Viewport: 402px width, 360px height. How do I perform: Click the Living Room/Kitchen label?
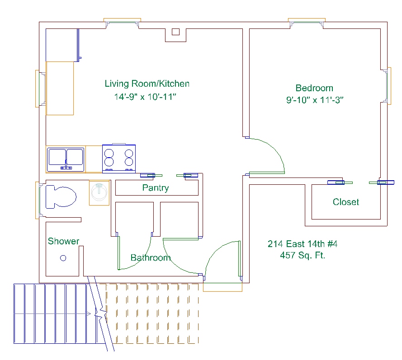[x=147, y=84]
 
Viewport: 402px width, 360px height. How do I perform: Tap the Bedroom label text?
[x=314, y=88]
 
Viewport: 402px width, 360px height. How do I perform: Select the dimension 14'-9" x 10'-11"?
[x=145, y=97]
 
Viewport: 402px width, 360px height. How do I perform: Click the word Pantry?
[x=155, y=188]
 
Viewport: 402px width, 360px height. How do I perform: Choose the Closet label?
[x=346, y=202]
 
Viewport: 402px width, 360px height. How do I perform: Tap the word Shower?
[x=63, y=241]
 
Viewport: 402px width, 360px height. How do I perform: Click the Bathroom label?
[x=151, y=258]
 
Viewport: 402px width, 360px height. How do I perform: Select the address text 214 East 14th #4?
[x=303, y=244]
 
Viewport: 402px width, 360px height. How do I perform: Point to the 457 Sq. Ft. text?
[x=303, y=255]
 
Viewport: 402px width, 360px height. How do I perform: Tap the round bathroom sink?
[x=99, y=192]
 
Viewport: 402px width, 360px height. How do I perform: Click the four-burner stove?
[x=119, y=159]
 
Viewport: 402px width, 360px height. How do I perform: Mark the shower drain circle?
[x=63, y=258]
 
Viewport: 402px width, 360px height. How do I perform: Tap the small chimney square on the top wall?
[x=175, y=32]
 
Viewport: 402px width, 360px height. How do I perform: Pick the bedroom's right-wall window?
[x=388, y=85]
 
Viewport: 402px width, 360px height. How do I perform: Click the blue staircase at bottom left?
[x=54, y=313]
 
